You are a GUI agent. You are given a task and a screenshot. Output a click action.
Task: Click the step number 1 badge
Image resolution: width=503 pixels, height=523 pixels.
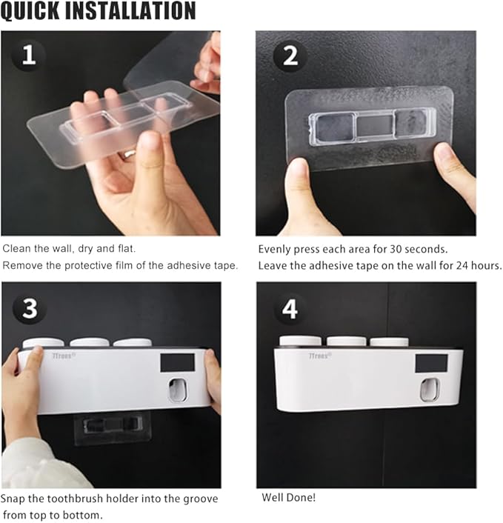click(x=29, y=56)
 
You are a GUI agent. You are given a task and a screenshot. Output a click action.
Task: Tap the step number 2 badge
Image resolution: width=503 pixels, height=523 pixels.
click(x=290, y=56)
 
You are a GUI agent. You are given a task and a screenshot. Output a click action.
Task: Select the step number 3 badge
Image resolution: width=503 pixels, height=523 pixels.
click(x=30, y=308)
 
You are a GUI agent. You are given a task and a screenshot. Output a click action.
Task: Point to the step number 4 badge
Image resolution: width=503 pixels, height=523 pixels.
click(x=290, y=309)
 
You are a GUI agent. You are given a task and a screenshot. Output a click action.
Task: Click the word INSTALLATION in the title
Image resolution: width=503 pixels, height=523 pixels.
click(x=130, y=10)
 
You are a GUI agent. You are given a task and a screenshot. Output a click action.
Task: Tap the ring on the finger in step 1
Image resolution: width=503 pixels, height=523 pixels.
click(x=129, y=154)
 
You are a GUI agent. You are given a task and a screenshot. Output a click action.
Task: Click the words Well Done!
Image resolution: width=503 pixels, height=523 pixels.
click(x=288, y=497)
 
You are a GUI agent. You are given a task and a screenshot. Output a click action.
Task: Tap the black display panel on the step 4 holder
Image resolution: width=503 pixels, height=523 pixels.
click(x=431, y=364)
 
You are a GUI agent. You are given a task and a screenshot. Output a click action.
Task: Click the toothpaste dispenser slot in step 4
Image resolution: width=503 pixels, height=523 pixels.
click(x=429, y=390)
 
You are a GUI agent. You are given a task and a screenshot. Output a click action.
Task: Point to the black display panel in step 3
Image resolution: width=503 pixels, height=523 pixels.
click(x=178, y=363)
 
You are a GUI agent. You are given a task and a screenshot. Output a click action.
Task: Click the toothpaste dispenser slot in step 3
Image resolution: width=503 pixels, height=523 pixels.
click(x=178, y=390)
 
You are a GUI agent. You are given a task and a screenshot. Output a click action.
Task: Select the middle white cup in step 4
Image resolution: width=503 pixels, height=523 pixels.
click(x=346, y=342)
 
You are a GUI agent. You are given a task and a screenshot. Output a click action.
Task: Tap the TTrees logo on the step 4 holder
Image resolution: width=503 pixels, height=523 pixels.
click(x=319, y=356)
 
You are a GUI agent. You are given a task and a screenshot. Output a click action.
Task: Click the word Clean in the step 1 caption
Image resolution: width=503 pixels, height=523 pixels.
click(x=17, y=248)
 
